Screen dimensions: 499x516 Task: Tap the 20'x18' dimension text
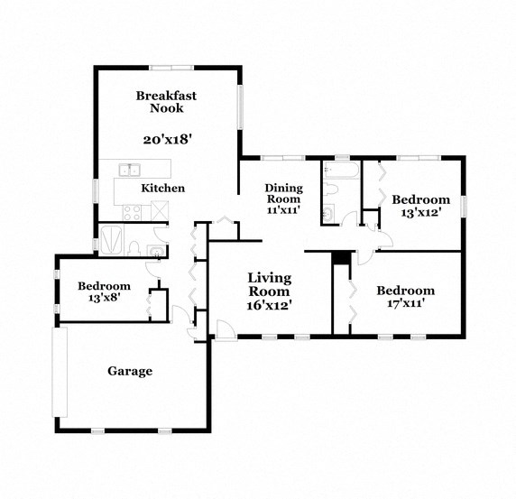(169, 139)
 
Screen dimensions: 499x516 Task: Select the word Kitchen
(162, 188)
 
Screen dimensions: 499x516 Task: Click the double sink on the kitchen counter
(131, 168)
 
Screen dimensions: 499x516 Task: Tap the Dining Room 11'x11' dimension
(283, 209)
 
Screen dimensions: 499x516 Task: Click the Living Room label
(269, 284)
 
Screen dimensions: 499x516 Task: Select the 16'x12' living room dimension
(269, 305)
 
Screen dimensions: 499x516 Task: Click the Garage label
(130, 371)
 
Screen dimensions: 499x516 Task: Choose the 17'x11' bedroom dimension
(405, 303)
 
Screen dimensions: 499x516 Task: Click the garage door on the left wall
(60, 372)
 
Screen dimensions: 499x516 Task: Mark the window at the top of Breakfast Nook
(171, 67)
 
